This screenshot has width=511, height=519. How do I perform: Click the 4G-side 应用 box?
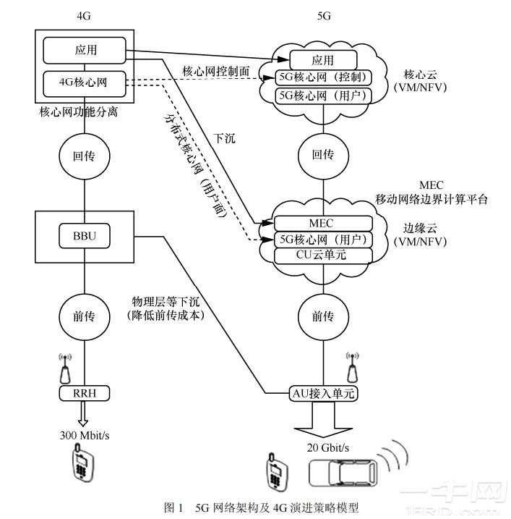84,51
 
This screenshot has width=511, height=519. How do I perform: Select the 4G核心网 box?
84,83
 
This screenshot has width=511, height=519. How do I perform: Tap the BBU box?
84,236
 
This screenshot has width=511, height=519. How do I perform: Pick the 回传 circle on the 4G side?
84,156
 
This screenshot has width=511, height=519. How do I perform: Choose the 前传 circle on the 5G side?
322,316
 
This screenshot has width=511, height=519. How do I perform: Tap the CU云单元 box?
322,255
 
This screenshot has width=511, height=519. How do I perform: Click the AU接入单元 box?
322,394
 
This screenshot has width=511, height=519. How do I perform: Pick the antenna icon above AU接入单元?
353,366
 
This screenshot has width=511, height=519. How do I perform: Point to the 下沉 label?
224,136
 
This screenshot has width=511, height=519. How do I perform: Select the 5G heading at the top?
324,15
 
